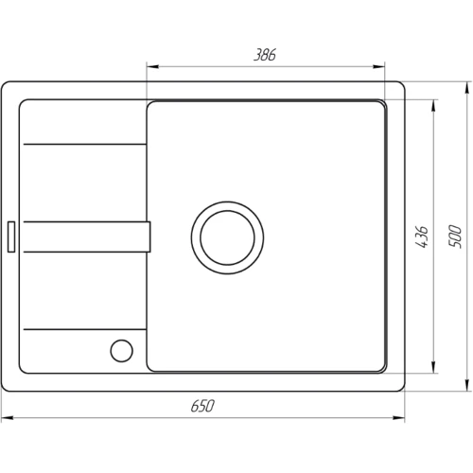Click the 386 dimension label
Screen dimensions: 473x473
[x=265, y=55]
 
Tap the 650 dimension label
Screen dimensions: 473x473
[x=202, y=406]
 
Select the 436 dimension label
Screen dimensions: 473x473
[x=422, y=236]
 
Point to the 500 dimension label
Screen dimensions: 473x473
[x=455, y=236]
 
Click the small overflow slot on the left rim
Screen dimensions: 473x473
[x=11, y=236]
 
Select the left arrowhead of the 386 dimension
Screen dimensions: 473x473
[x=152, y=66]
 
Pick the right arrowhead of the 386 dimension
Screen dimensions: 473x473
[x=378, y=66]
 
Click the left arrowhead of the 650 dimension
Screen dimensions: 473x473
[x=8, y=418]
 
